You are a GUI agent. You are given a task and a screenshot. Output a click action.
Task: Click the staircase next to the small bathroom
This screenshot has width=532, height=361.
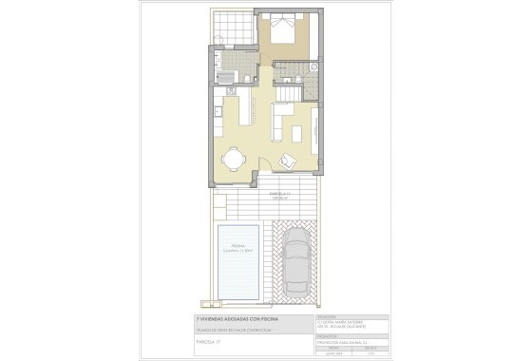[x=288, y=94]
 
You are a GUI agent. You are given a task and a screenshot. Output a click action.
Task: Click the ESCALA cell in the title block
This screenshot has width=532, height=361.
[x=369, y=348]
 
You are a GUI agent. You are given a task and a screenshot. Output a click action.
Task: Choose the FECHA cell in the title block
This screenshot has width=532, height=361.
[x=332, y=348]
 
